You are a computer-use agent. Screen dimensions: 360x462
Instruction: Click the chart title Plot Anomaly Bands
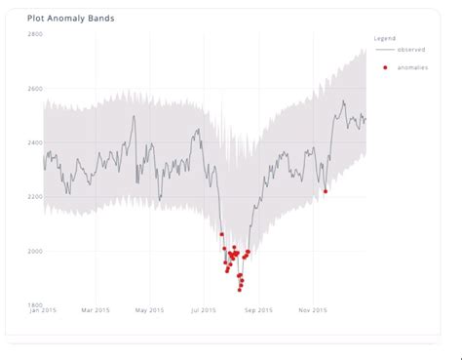66,18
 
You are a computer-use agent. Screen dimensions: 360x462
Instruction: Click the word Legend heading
385,38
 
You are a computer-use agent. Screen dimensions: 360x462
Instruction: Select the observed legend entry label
410,49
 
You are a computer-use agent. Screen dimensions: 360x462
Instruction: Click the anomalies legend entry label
412,66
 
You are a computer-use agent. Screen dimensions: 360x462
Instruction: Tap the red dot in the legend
386,66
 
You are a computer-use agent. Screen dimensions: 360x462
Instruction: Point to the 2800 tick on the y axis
34,34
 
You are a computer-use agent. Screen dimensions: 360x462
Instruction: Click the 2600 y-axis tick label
34,89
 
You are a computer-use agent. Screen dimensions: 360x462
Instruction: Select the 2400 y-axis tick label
34,142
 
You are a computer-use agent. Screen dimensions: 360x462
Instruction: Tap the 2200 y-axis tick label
34,197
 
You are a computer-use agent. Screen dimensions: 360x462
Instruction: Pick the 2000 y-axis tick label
34,252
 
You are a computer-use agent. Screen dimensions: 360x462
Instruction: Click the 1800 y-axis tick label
34,304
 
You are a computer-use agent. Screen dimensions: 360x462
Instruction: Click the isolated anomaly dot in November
325,191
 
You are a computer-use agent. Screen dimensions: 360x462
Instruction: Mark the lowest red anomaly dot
240,289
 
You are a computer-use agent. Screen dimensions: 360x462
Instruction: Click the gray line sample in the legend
385,49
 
